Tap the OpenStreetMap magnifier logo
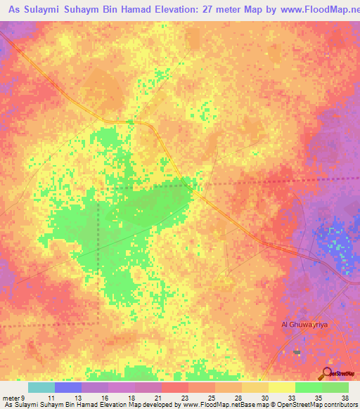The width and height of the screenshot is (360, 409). (327, 375)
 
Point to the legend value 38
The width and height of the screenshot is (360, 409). (345, 398)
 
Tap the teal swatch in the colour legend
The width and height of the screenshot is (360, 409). (41, 387)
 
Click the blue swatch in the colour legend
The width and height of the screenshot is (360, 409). (67, 387)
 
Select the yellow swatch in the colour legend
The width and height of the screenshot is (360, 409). (281, 387)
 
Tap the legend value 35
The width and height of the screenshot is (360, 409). (319, 398)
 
